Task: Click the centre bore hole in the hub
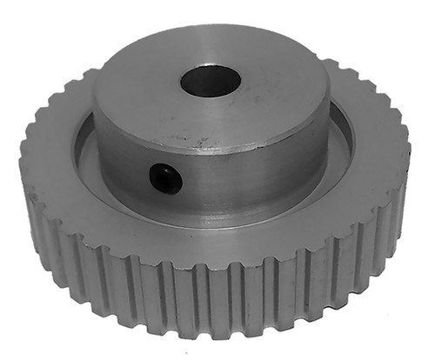pos(210,81)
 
